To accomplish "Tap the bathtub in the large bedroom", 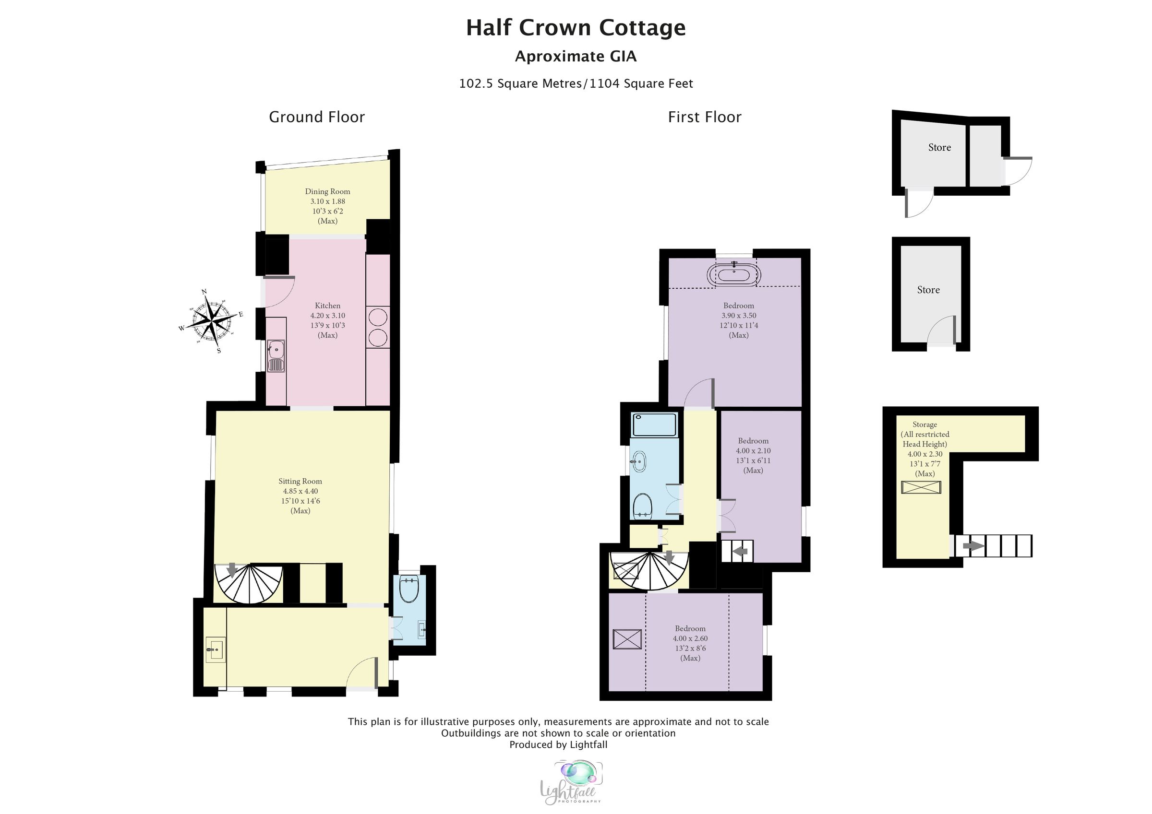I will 733,275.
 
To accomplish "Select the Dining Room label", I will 327,191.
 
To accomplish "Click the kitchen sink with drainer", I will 276,355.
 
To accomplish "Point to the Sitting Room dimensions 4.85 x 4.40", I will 300,491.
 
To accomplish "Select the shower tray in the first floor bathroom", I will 654,425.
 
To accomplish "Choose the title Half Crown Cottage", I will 576,28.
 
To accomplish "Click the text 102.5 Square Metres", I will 520,84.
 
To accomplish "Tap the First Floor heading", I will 704,118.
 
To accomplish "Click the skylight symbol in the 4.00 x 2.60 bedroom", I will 627,639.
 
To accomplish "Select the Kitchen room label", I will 327,306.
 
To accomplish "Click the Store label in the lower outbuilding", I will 928,290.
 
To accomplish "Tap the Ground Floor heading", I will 317,118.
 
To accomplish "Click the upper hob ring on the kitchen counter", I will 377,318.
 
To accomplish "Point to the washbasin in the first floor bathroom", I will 639,461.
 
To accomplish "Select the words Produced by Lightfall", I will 558,745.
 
